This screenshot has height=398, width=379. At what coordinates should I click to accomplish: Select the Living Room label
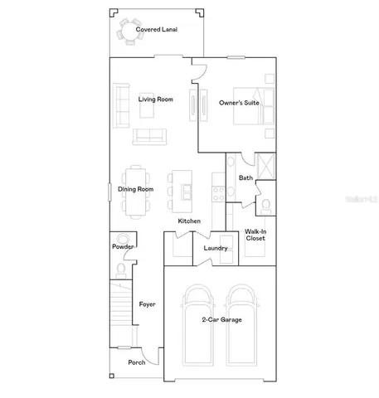pyautogui.click(x=155, y=99)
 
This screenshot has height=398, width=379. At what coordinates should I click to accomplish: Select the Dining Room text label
pyautogui.click(x=135, y=190)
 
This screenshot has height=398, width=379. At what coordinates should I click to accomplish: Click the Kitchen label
pyautogui.click(x=189, y=221)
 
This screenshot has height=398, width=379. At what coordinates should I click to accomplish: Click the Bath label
pyautogui.click(x=245, y=177)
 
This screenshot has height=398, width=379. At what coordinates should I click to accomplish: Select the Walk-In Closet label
pyautogui.click(x=255, y=235)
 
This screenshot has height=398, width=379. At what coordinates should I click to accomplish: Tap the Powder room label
pyautogui.click(x=123, y=247)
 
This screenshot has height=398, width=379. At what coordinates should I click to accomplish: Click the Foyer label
pyautogui.click(x=147, y=304)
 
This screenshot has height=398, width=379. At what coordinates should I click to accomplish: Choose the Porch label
pyautogui.click(x=136, y=362)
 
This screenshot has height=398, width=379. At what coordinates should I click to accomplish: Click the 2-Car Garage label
pyautogui.click(x=221, y=319)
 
